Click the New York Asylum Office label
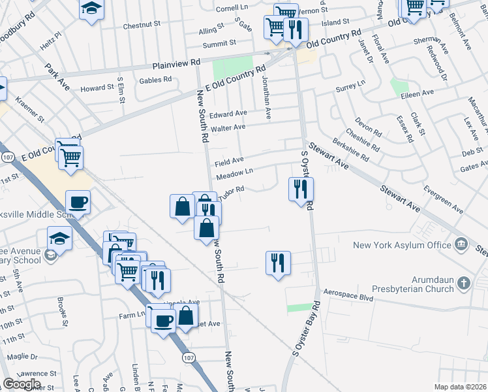pyautogui.click(x=402, y=245)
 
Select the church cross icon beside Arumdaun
pyautogui.click(x=463, y=283)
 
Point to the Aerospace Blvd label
pyautogui.click(x=349, y=297)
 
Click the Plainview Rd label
pyautogui.click(x=176, y=64)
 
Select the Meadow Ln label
pyautogui.click(x=234, y=174)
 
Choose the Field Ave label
pyautogui.click(x=229, y=159)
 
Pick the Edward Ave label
pyautogui.click(x=232, y=113)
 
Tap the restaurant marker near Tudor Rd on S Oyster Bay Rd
pyautogui.click(x=301, y=189)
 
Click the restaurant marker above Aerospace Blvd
pyautogui.click(x=278, y=263)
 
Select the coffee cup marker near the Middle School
pyautogui.click(x=78, y=203)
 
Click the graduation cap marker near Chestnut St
pyautogui.click(x=92, y=9)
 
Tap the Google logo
pyautogui.click(x=22, y=384)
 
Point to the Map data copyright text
pyautogui.click(x=461, y=387)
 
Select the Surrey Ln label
pyautogui.click(x=350, y=86)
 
